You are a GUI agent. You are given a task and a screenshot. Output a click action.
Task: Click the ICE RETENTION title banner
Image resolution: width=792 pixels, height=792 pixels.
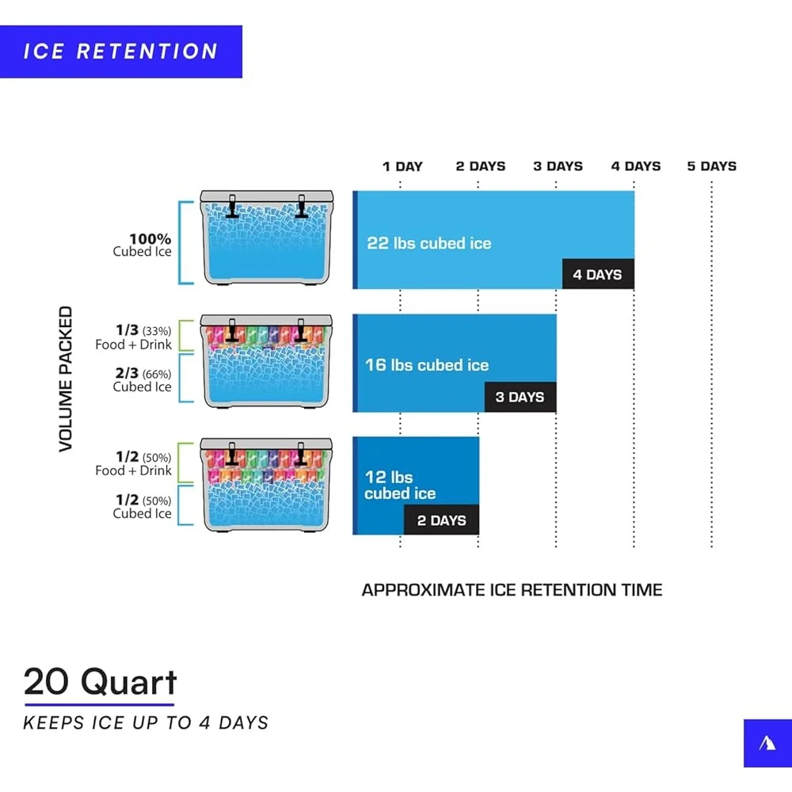120,51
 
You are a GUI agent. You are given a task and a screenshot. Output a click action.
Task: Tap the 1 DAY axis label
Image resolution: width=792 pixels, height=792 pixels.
402,166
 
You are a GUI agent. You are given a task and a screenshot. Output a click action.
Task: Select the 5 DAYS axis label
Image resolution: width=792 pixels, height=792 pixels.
712,166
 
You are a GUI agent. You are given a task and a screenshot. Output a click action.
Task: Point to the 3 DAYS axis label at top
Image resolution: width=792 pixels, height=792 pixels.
558,166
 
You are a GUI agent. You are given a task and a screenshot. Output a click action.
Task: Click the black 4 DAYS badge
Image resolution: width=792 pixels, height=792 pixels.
598,274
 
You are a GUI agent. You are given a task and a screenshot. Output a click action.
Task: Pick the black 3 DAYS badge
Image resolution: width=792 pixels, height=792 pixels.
520,397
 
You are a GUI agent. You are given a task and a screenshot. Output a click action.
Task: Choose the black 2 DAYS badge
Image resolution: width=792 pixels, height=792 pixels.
441,520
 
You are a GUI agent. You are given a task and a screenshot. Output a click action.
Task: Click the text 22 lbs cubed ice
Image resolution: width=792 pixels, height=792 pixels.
428,243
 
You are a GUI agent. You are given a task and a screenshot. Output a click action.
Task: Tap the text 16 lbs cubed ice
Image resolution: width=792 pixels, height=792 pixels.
427,364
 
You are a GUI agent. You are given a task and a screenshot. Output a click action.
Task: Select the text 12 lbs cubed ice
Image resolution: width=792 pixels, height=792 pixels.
400,485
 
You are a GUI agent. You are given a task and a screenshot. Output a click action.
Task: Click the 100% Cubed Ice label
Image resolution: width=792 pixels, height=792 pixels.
143,245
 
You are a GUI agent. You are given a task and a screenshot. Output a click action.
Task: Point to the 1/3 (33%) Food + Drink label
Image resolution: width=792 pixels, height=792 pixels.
133,337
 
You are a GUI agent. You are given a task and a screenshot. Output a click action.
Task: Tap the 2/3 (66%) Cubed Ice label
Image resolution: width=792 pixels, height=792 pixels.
143,379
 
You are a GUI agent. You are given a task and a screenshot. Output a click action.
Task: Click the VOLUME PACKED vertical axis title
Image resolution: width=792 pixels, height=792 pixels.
66,379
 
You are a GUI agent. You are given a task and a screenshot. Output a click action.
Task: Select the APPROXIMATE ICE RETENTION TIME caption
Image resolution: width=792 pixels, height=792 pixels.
512,590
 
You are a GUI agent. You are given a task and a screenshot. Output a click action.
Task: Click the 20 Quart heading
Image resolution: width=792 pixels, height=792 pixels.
101,682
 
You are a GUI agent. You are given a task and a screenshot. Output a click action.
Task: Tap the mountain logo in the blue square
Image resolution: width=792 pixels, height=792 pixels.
767,743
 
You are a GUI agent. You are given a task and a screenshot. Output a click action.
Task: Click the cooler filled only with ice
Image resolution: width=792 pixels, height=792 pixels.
267,238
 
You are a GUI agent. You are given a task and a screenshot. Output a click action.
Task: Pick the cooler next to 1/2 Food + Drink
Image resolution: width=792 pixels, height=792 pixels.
267,485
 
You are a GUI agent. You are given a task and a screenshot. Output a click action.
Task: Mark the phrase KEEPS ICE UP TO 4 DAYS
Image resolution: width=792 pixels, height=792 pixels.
146,723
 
